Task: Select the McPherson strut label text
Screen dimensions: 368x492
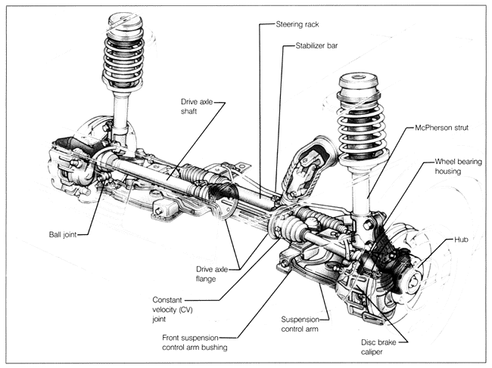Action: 441,128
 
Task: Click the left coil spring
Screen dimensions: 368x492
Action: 123,57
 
